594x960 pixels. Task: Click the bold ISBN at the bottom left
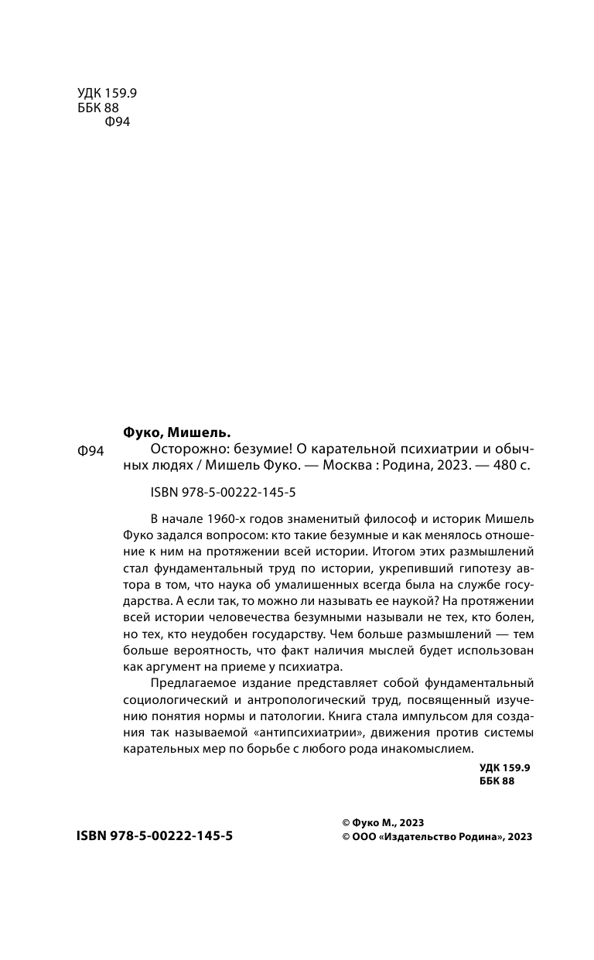click(155, 836)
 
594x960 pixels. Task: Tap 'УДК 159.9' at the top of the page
click(108, 94)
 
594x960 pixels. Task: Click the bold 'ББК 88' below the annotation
click(497, 781)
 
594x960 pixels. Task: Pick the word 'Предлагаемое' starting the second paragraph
click(186, 678)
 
